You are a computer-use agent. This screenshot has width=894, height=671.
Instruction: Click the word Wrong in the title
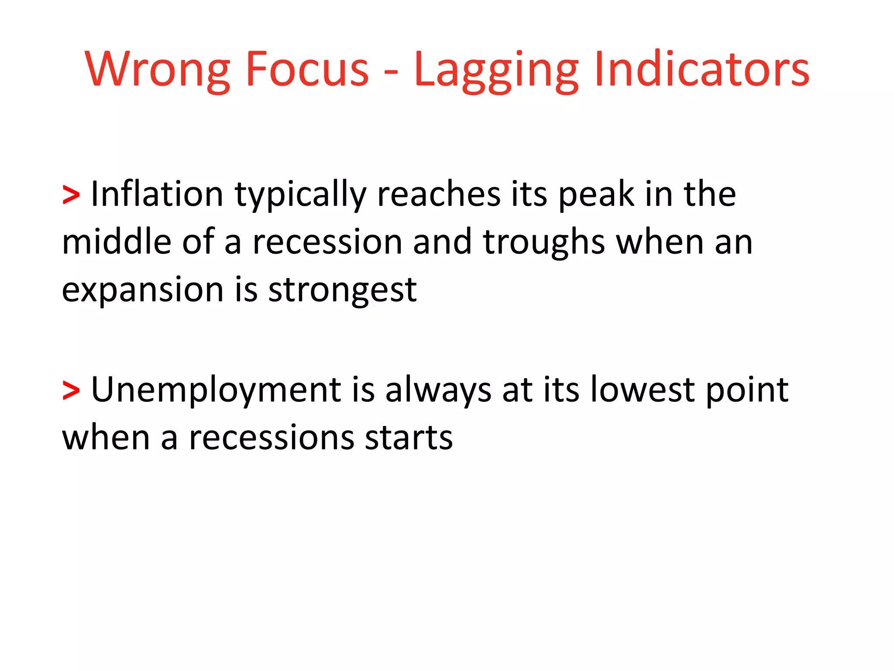[x=157, y=70]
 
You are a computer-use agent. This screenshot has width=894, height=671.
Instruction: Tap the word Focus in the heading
[x=307, y=70]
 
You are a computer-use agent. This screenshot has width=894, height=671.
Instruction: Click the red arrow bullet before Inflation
[x=71, y=195]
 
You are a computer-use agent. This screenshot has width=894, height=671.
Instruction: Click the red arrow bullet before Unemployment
[x=71, y=390]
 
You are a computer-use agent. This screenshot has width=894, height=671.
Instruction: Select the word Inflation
[x=157, y=194]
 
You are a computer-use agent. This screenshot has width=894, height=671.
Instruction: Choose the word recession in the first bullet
[x=327, y=243]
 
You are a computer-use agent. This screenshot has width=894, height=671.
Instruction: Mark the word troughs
[x=544, y=243]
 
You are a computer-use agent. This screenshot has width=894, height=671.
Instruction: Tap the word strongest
[x=342, y=291]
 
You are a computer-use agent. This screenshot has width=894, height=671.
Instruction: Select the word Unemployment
[x=216, y=390]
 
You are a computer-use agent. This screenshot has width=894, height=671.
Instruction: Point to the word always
[x=438, y=390]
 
